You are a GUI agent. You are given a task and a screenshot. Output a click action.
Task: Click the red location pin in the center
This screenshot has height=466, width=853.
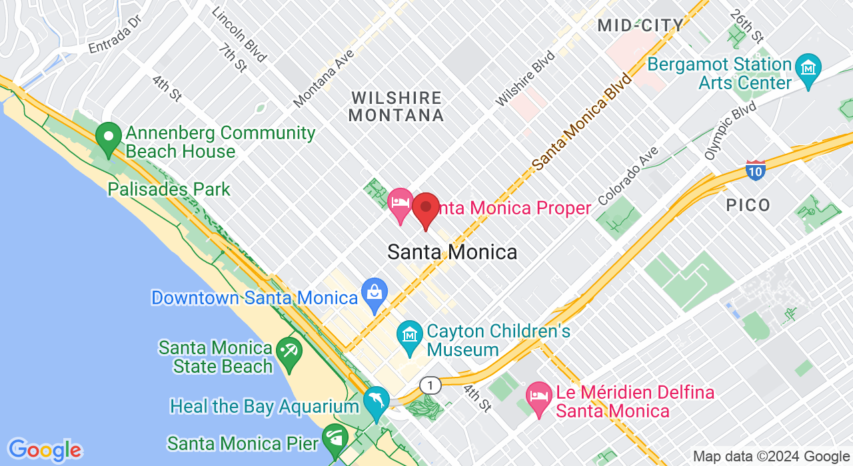point(426,208)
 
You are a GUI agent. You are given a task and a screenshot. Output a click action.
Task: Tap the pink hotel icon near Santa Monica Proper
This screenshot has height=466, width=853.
point(401,202)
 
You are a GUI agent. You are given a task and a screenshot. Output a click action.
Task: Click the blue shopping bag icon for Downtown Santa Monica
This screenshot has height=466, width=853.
point(375,292)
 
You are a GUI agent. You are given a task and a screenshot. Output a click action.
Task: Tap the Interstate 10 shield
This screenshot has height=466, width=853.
point(755,170)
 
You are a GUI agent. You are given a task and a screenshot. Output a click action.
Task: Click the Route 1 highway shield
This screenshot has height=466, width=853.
point(430,385)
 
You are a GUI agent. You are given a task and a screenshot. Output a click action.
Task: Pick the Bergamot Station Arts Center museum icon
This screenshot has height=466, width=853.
point(809,69)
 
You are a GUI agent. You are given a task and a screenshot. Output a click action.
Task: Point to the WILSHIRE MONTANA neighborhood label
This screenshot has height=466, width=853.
point(396,107)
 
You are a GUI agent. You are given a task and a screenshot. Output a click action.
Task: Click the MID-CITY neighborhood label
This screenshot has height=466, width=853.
point(640,26)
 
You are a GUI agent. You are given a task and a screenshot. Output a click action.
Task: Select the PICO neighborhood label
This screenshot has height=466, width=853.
point(748,205)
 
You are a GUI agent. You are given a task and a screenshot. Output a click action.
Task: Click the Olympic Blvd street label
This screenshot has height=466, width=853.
point(731,130)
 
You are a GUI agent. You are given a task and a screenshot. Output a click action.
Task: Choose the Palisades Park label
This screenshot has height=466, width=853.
point(169,189)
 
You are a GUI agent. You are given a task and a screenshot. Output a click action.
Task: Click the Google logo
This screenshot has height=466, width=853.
point(45,450)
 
